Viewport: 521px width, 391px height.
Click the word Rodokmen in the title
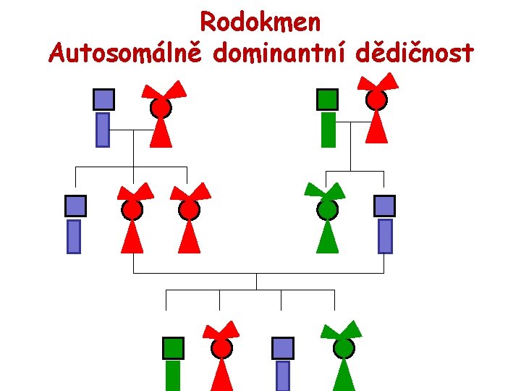coord(260,22)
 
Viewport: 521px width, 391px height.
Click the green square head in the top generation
coord(328,98)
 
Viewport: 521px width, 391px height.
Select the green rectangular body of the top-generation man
coord(328,130)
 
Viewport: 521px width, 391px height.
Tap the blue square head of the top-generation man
coord(103,98)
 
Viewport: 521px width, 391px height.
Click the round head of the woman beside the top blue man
coord(161,108)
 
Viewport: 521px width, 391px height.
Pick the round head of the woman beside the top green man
coord(376,101)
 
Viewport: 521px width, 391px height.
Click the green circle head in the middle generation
coord(328,210)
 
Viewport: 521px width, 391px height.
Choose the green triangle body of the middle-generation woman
coord(328,237)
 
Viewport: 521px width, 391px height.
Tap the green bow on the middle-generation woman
coord(326,192)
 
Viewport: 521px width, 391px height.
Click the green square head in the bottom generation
coord(173,348)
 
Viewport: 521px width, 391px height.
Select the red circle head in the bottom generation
coord(222,349)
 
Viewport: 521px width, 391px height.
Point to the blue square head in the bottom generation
coord(283,348)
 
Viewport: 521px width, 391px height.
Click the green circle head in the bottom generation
coord(344,349)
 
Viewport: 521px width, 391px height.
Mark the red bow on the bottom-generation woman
coord(221,331)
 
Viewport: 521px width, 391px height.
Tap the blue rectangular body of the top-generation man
coord(103,130)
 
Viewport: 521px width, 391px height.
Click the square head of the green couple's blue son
coord(385,206)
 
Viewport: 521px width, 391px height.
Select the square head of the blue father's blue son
coord(75,206)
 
